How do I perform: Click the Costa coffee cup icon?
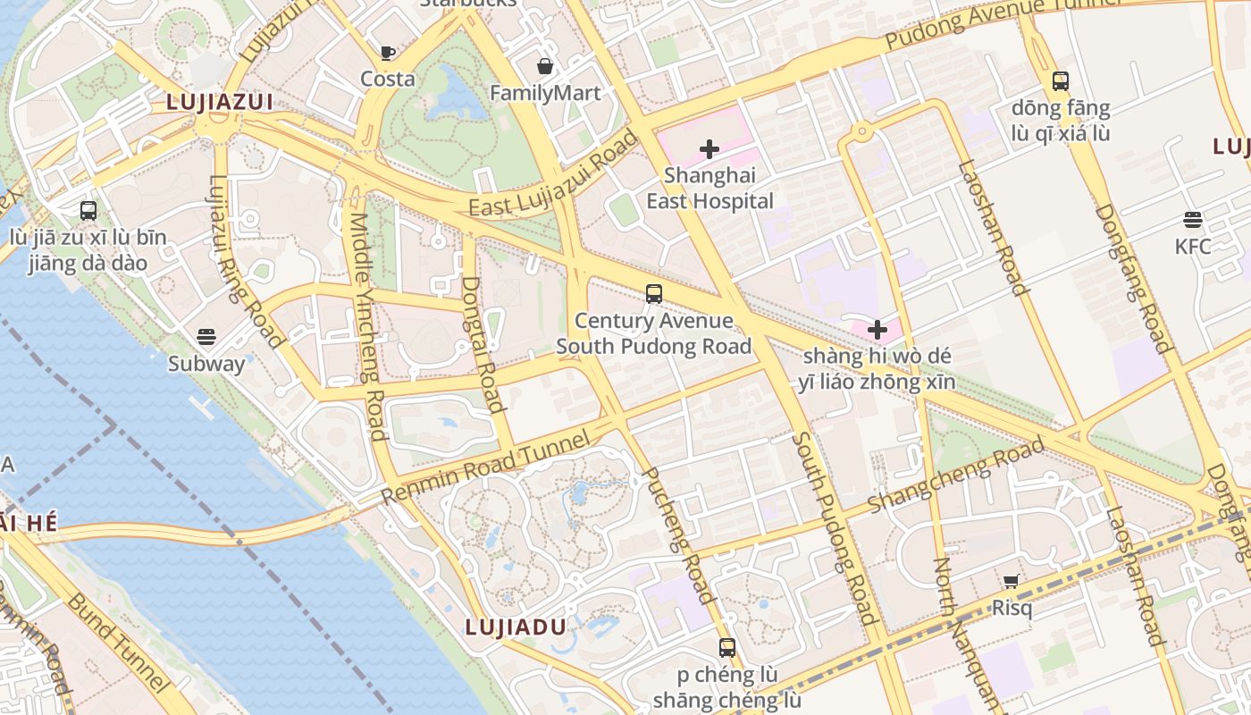(x=388, y=53)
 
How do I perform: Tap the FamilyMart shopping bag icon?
(x=545, y=66)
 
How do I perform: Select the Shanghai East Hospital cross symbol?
(x=709, y=148)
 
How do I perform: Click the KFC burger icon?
(x=1192, y=220)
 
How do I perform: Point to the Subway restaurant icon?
(x=206, y=337)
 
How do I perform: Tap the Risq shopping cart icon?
(x=1012, y=582)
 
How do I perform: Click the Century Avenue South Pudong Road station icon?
(x=654, y=293)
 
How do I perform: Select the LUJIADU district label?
(x=516, y=627)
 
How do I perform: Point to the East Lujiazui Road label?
(x=554, y=174)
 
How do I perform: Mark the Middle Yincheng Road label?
(x=367, y=326)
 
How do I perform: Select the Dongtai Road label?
(x=483, y=343)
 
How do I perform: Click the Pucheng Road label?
(x=678, y=534)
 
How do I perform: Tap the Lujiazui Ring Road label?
(x=246, y=259)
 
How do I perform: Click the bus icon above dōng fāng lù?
(x=1061, y=81)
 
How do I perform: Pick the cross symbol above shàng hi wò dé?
(x=877, y=330)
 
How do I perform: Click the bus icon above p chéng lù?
(x=727, y=648)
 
